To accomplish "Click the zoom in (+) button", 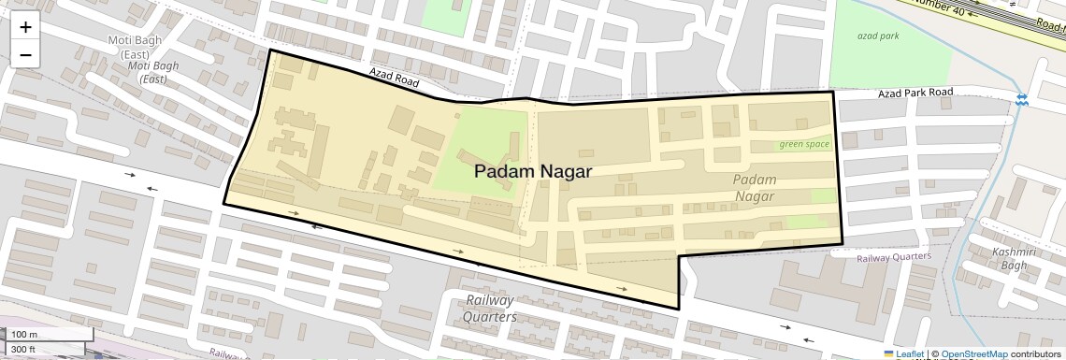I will pos(25,27).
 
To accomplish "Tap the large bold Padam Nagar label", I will pos(532,171).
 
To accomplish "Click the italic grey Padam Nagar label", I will pos(755,187).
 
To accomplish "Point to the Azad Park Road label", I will pos(915,93).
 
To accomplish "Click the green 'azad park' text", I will pos(877,36).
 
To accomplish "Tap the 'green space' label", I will pos(804,144).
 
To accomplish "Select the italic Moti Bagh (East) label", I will pos(152,72).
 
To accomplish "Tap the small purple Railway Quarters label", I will pos(894,256).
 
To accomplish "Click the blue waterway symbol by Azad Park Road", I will pos(1022,98).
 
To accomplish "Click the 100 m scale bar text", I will pos(24,335).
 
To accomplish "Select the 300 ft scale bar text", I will pos(23,350).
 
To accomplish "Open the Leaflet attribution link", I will pos(904,353).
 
